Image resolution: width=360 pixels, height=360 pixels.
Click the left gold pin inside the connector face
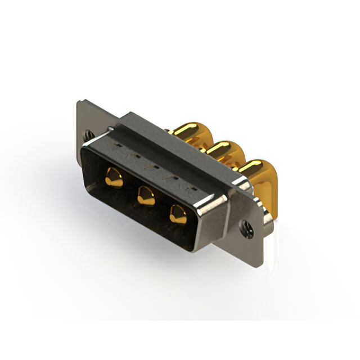click(114, 179)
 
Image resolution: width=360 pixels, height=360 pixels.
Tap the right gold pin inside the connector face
click(178, 214)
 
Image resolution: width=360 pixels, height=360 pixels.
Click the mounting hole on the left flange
click(89, 136)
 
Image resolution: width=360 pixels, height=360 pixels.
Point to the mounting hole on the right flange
click(245, 227)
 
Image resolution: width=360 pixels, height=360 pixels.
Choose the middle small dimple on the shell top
click(147, 163)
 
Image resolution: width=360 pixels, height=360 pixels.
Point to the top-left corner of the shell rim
click(84, 142)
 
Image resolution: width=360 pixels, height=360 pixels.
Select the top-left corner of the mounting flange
click(79, 102)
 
